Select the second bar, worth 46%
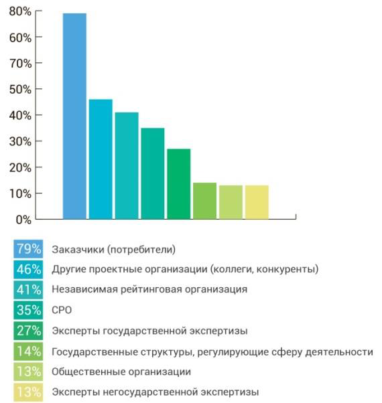(101, 159)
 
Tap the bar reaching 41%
(126, 165)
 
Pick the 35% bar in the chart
(152, 173)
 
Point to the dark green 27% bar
(178, 183)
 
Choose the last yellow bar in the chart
(257, 201)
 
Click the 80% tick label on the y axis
(21, 11)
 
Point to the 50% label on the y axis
(21, 89)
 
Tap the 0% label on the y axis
(23, 220)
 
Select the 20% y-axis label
(21, 167)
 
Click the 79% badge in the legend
(28, 250)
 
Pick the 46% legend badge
(28, 270)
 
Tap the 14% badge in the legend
(28, 351)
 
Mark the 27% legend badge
(28, 331)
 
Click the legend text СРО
(62, 311)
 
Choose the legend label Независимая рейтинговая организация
(149, 290)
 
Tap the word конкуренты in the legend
(288, 270)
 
